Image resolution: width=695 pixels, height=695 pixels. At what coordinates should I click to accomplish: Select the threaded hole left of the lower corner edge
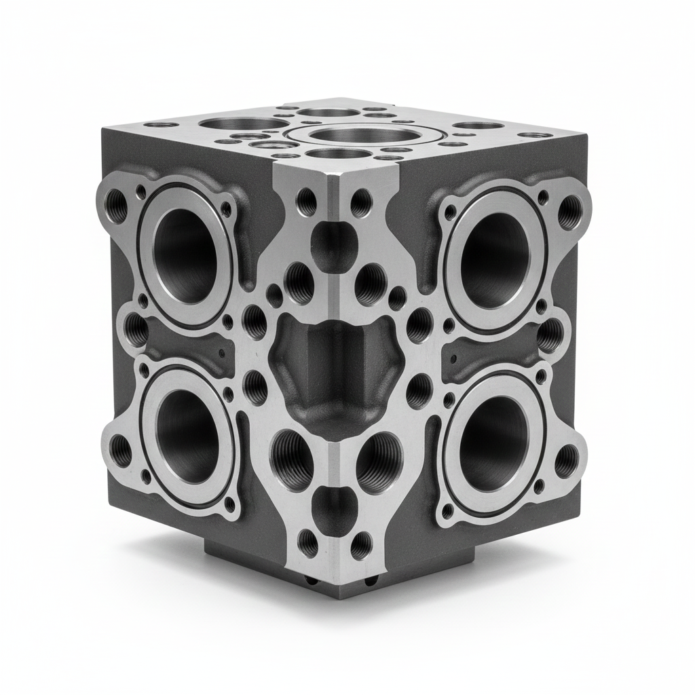pyautogui.click(x=292, y=462)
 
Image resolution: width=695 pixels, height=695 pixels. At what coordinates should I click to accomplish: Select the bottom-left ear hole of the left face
pyautogui.click(x=121, y=451)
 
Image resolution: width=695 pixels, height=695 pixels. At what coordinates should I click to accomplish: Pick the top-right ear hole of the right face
pyautogui.click(x=569, y=206)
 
